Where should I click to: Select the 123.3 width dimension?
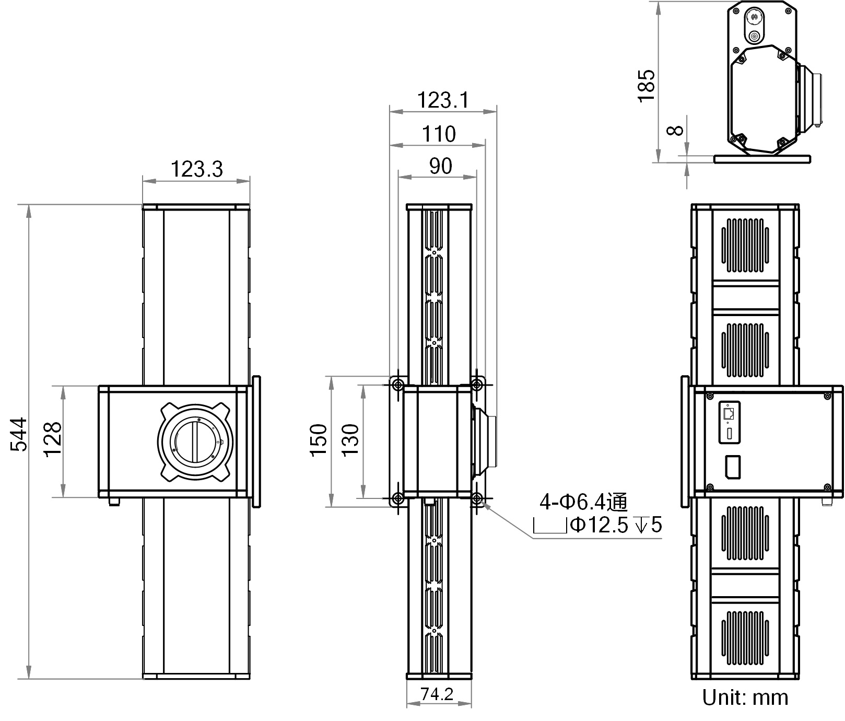tap(197, 169)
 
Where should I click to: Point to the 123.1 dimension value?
tap(442, 100)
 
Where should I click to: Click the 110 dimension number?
tap(439, 134)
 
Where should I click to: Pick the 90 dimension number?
tap(440, 166)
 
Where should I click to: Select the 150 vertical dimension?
tap(318, 440)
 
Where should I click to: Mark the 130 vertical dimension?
tap(350, 440)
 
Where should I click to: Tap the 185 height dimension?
tap(646, 85)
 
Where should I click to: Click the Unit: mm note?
tap(745, 697)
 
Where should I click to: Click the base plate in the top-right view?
tap(762, 158)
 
